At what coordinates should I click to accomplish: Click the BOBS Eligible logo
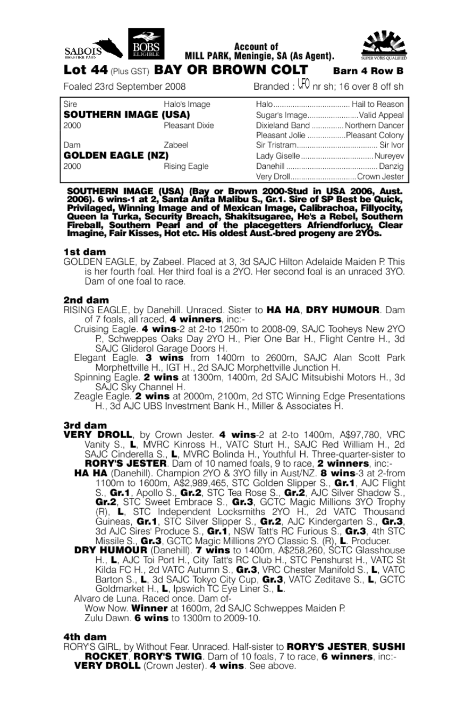[x=147, y=44]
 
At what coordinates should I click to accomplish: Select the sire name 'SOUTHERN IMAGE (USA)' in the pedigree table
[x=127, y=114]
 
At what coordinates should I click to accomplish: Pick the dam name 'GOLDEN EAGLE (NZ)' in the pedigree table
[x=116, y=156]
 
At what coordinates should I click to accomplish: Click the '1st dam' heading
[x=84, y=252]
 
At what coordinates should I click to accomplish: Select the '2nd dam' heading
[x=86, y=300]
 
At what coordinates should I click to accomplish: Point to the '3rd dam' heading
[x=85, y=425]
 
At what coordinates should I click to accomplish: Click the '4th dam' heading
[x=85, y=636]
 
